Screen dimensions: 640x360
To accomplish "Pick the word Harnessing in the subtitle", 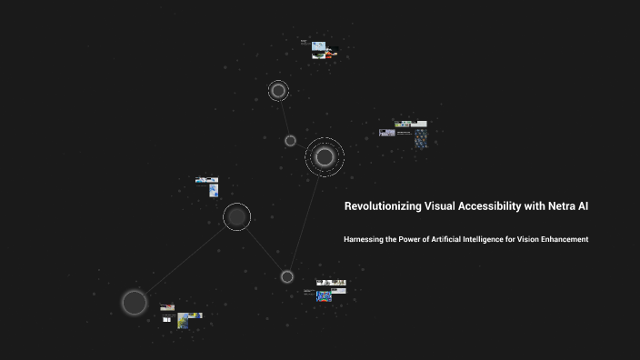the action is (366, 239).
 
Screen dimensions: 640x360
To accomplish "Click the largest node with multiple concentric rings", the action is (324, 157).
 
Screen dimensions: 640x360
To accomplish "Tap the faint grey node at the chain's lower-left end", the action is (135, 302).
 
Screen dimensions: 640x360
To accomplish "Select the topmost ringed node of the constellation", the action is (278, 91).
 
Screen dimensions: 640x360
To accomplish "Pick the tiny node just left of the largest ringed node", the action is (290, 141).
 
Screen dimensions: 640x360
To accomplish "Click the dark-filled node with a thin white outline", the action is (236, 216).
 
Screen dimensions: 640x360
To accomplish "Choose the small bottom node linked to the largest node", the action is (286, 276).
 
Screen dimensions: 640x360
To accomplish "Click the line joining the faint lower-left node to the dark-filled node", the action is (185, 260).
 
